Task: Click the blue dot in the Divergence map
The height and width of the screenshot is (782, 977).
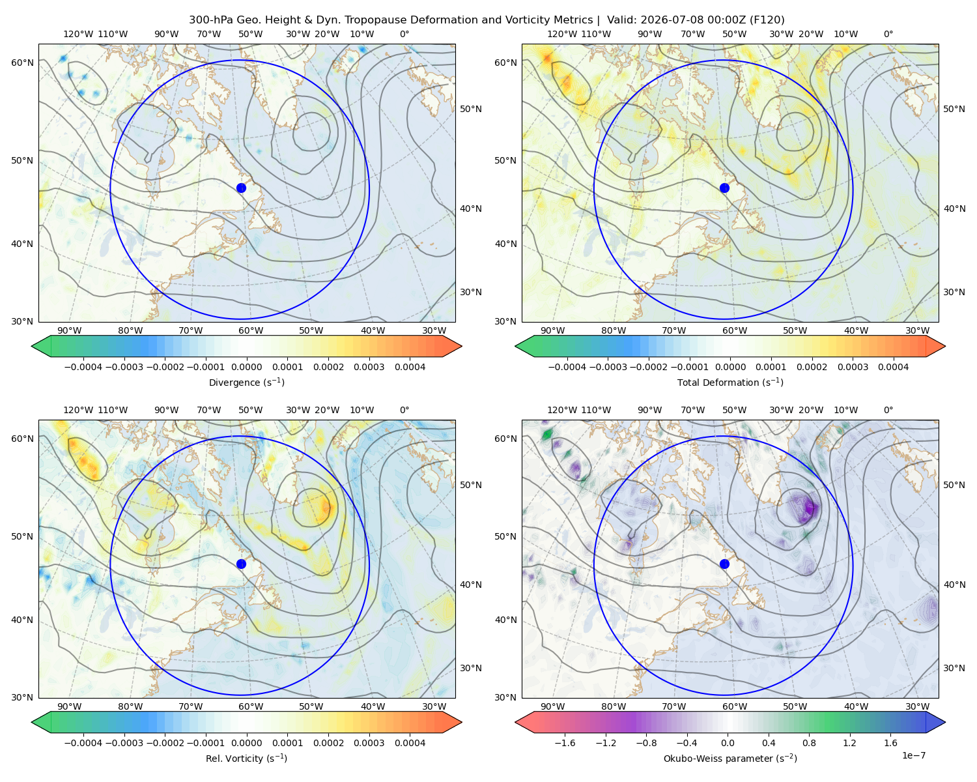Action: point(241,188)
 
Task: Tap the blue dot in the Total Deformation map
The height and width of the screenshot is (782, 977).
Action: point(724,188)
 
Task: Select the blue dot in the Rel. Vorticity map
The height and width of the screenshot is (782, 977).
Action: point(241,564)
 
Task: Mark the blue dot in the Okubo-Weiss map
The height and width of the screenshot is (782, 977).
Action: point(724,564)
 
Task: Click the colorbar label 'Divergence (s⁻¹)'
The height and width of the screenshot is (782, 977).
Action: point(246,382)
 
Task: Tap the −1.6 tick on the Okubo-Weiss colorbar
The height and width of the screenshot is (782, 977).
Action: point(565,742)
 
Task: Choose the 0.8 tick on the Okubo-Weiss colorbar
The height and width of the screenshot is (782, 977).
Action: point(809,742)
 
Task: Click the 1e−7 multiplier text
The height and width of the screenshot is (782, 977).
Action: point(913,755)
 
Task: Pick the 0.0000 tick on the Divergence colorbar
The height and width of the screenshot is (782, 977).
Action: point(246,367)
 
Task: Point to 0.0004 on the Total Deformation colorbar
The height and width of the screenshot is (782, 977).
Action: point(893,367)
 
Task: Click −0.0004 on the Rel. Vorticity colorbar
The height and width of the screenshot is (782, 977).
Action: point(83,742)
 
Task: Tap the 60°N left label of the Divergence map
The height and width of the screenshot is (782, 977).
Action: point(22,63)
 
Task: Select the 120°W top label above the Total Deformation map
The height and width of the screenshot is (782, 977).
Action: point(561,34)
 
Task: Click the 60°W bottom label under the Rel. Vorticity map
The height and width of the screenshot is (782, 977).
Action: point(251,706)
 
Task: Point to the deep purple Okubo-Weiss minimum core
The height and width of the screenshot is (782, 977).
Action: point(808,507)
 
